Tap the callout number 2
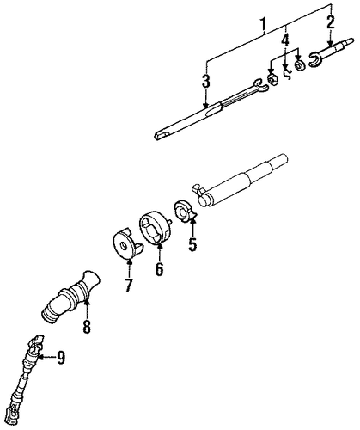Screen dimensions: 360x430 click(x=331, y=22)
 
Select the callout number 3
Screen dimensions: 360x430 click(x=205, y=82)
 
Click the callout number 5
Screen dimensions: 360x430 click(x=192, y=244)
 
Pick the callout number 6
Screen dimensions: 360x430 click(x=159, y=269)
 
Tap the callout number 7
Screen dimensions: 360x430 click(x=128, y=285)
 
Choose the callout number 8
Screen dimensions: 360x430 click(x=87, y=327)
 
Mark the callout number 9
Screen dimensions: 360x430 click(x=60, y=357)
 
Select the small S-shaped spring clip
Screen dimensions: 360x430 click(x=287, y=73)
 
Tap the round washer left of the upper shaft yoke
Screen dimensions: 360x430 click(x=300, y=66)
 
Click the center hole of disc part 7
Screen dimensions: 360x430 click(x=124, y=246)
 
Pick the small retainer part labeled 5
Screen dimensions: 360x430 click(x=184, y=212)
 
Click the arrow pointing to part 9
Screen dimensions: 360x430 click(x=46, y=357)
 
